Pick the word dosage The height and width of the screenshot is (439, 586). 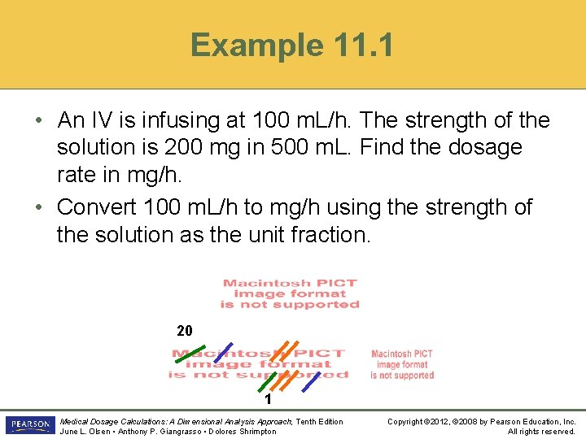481,149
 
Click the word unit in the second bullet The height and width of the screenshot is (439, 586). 258,236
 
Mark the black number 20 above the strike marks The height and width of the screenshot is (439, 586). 185,331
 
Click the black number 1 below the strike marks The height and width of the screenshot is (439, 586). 267,400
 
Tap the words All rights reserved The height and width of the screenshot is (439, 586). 541,432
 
